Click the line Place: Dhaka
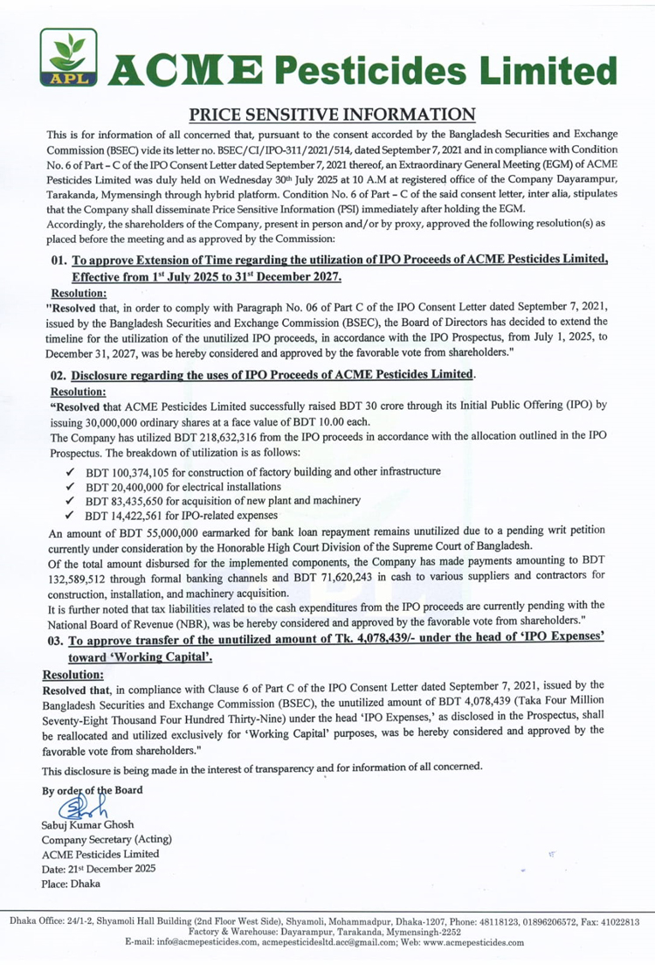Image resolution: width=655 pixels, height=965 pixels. (70, 883)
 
